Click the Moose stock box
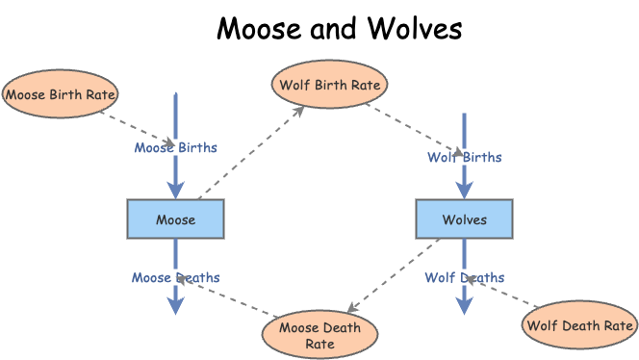point(175,219)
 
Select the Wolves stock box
point(464,219)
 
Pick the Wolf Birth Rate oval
point(330,85)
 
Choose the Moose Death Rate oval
point(320,335)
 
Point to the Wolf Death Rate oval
point(580,325)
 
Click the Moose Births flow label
point(175,148)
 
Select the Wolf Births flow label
point(464,157)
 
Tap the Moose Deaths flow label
point(175,278)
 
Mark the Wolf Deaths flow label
point(464,278)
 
